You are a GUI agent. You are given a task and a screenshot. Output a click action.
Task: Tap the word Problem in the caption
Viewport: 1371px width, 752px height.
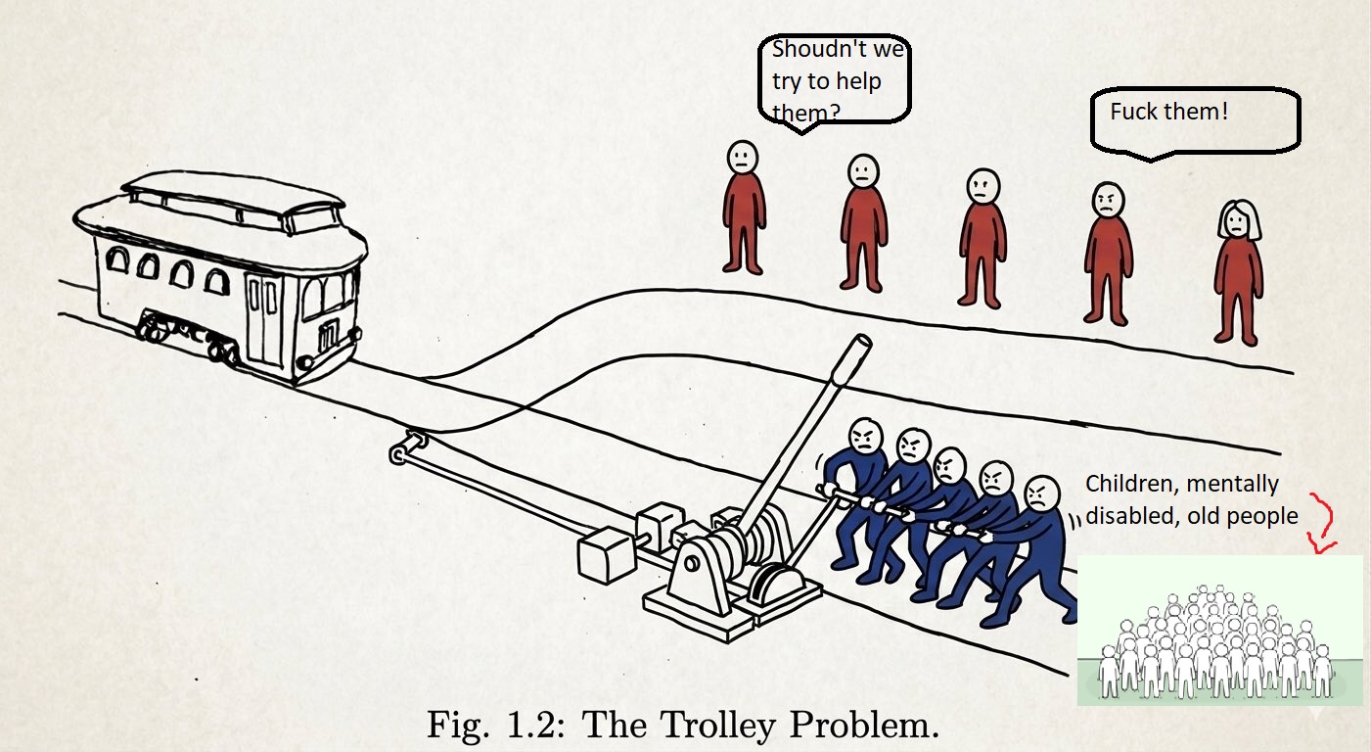[864, 725]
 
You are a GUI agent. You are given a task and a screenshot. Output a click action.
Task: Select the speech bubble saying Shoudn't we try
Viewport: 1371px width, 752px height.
[834, 82]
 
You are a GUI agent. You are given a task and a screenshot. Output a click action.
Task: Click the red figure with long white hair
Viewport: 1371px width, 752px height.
[1238, 272]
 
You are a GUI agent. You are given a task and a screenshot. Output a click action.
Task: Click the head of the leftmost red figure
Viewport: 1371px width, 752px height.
[743, 158]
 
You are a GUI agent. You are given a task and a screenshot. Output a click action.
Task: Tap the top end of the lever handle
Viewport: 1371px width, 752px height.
[862, 342]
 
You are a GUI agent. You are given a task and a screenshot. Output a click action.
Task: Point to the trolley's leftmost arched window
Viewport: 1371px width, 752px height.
[116, 259]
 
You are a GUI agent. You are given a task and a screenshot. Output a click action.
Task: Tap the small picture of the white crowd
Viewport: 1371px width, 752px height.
[1219, 631]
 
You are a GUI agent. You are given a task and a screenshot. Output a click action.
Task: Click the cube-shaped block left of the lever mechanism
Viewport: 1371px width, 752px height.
[606, 555]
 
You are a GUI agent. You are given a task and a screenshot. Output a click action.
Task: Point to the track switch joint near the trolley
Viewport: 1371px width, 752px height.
[408, 447]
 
